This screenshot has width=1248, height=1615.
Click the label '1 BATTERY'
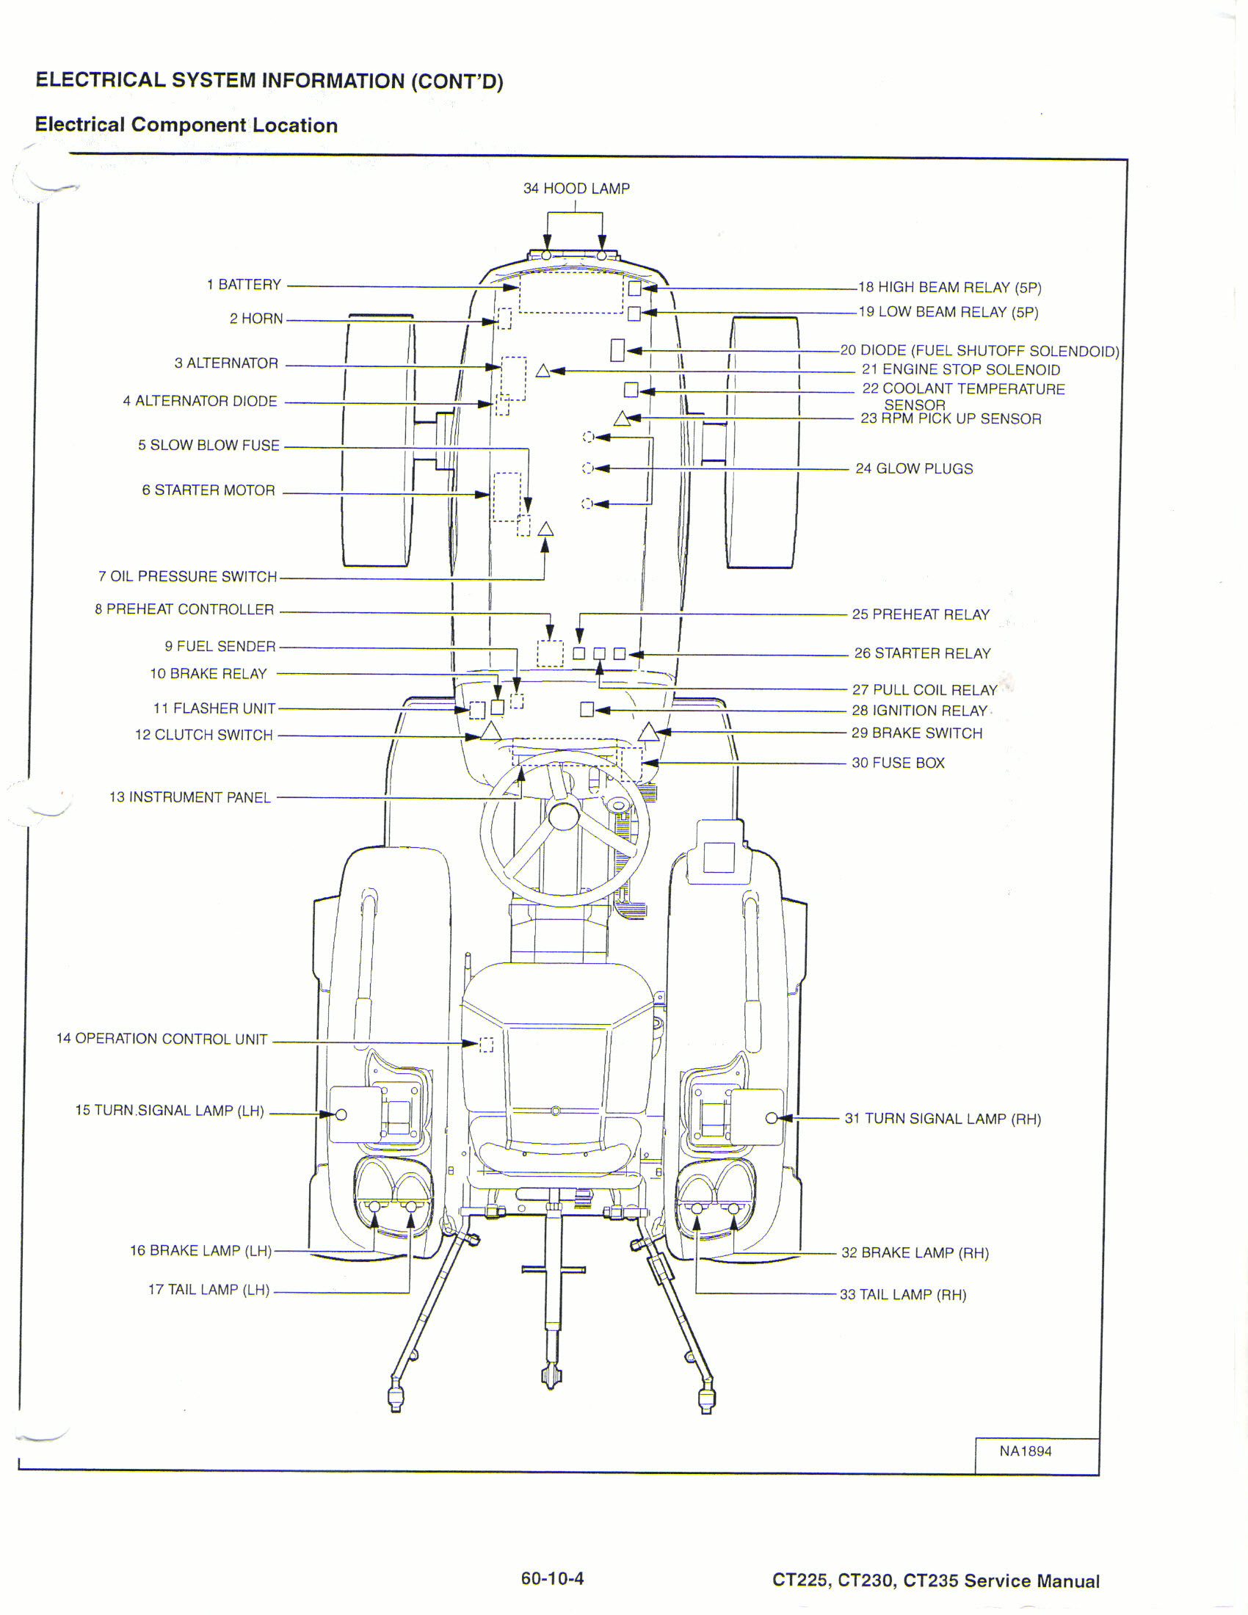pos(244,285)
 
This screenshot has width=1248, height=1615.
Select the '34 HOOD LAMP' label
pos(577,189)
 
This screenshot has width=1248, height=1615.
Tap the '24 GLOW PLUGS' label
pos(914,469)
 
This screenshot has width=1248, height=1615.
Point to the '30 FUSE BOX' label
pos(898,763)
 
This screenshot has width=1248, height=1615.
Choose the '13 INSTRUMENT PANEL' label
pos(190,797)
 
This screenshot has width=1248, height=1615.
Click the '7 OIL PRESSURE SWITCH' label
pos(188,576)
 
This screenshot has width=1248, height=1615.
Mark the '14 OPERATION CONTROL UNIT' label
pos(162,1039)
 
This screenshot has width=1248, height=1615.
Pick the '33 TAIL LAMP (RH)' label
pos(903,1295)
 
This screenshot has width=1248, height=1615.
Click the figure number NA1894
pos(1026,1451)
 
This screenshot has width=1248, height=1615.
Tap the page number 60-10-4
pos(552,1579)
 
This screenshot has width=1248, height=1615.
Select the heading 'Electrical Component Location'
pos(186,125)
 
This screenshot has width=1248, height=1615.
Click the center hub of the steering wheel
pos(563,816)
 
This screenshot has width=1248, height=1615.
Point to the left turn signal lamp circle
pos(341,1114)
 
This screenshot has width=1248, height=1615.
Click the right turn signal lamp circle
pos(771,1118)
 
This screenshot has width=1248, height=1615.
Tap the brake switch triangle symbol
pos(648,733)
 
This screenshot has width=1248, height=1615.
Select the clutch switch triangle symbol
pos(490,731)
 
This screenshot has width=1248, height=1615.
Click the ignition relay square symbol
pos(587,710)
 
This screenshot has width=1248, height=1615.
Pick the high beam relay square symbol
pos(634,288)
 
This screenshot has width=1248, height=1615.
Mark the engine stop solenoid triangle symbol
pos(543,371)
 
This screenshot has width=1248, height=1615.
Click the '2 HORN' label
pos(255,319)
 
